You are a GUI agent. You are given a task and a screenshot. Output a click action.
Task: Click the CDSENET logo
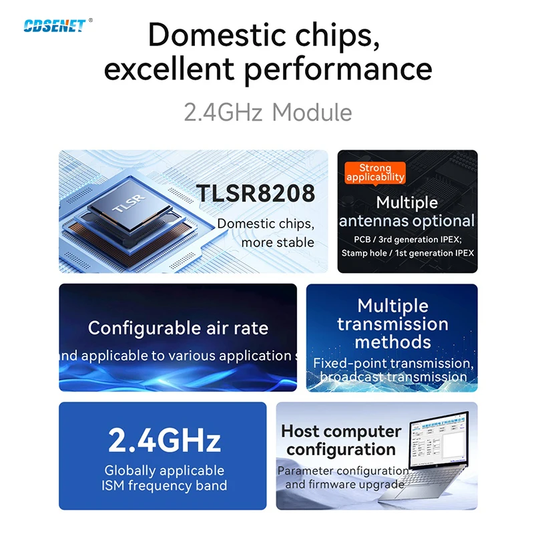click(x=55, y=25)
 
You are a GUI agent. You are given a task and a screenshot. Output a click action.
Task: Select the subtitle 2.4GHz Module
click(x=268, y=112)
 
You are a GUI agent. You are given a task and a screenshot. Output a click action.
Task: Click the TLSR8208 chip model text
click(x=255, y=194)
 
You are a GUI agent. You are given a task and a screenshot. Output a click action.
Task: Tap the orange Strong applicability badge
click(x=375, y=172)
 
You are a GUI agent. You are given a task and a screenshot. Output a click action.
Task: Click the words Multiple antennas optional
click(x=407, y=212)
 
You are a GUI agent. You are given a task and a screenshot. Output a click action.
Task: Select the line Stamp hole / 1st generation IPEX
click(x=407, y=253)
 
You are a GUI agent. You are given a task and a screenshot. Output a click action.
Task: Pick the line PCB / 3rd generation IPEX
click(x=407, y=239)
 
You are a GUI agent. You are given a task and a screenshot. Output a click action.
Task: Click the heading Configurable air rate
click(x=178, y=328)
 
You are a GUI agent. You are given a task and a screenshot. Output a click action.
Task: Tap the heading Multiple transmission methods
click(x=392, y=324)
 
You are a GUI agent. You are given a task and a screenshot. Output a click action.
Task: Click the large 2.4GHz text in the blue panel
click(x=164, y=441)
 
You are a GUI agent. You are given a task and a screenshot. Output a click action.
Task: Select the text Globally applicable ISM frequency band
click(x=164, y=478)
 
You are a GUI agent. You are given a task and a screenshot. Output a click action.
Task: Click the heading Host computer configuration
click(x=341, y=440)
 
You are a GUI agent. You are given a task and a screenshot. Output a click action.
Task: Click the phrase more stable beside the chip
click(x=278, y=242)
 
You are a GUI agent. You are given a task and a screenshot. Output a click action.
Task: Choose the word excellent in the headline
click(x=171, y=69)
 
